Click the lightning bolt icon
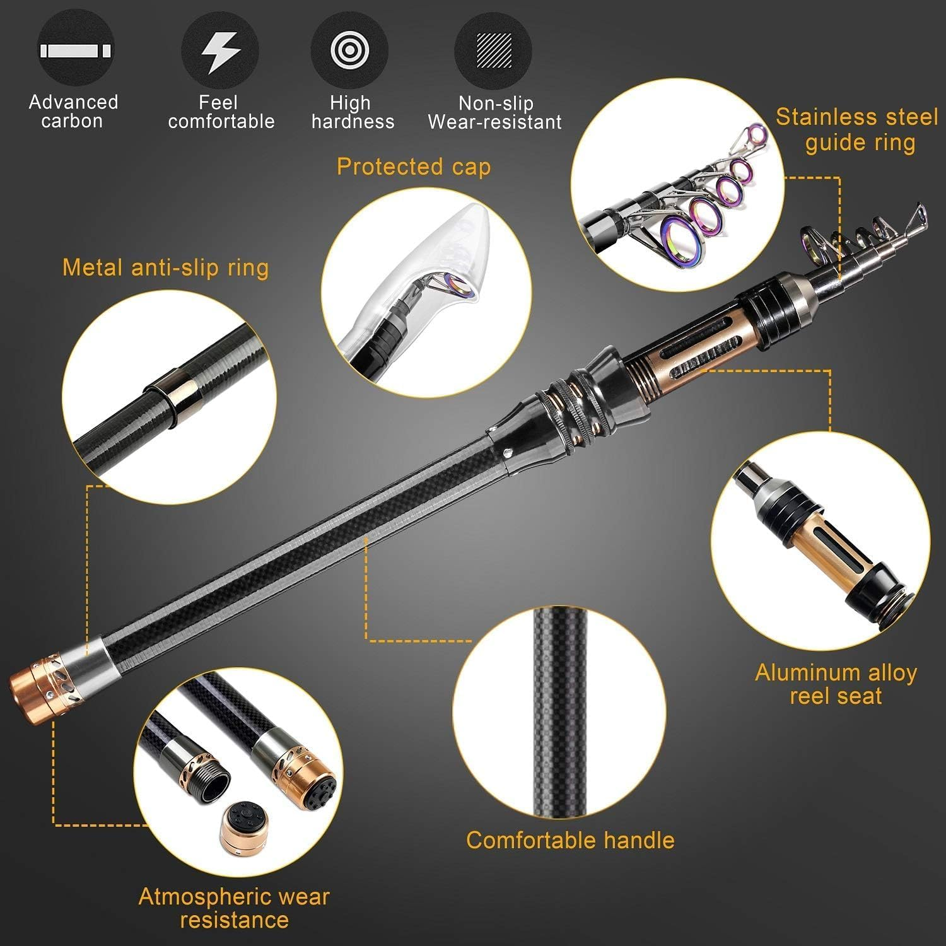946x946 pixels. (220, 51)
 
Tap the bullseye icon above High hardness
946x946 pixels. (349, 50)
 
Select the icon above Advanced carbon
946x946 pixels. (76, 50)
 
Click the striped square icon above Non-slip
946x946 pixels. (494, 50)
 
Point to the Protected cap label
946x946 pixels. (413, 166)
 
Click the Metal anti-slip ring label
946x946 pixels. (165, 267)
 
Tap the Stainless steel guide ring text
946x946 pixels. (857, 129)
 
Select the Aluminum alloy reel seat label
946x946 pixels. (836, 684)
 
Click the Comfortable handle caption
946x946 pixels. (570, 840)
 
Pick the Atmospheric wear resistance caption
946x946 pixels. (234, 908)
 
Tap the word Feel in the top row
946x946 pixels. (218, 102)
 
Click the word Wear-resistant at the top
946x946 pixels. (494, 122)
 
